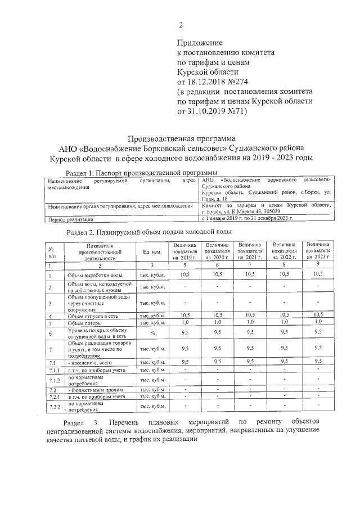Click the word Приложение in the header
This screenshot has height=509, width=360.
tap(200, 42)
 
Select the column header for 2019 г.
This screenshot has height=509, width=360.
tap(185, 251)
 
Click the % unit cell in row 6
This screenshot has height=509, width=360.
tap(153, 332)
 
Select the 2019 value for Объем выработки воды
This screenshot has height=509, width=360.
tap(185, 274)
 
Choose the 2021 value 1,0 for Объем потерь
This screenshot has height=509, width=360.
tap(250, 323)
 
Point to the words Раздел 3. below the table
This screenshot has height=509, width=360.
tap(82, 421)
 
